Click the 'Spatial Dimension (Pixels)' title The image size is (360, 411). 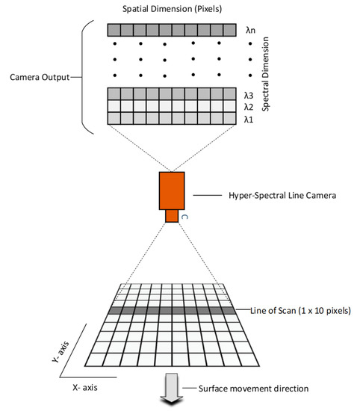point(176,9)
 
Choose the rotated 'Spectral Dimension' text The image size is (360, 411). point(276,74)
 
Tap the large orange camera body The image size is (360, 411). point(173,191)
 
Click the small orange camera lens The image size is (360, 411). point(173,216)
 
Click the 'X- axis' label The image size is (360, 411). point(81,389)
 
